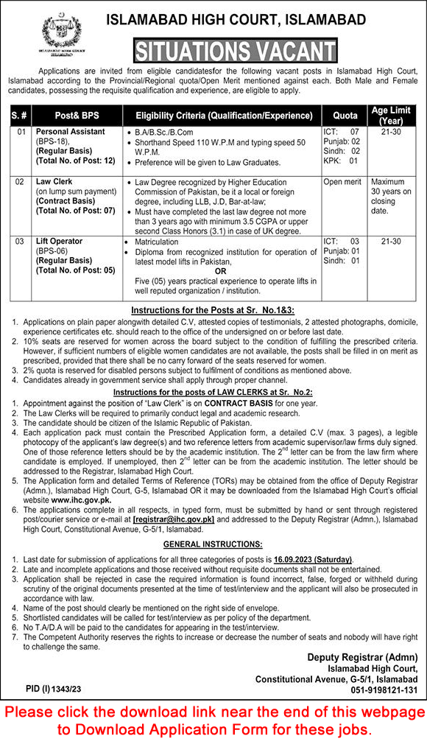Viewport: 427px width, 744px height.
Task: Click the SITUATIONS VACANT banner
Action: pos(235,51)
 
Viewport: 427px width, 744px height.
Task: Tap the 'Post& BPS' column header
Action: pos(78,116)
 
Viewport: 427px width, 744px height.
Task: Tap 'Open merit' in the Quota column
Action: pos(342,180)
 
